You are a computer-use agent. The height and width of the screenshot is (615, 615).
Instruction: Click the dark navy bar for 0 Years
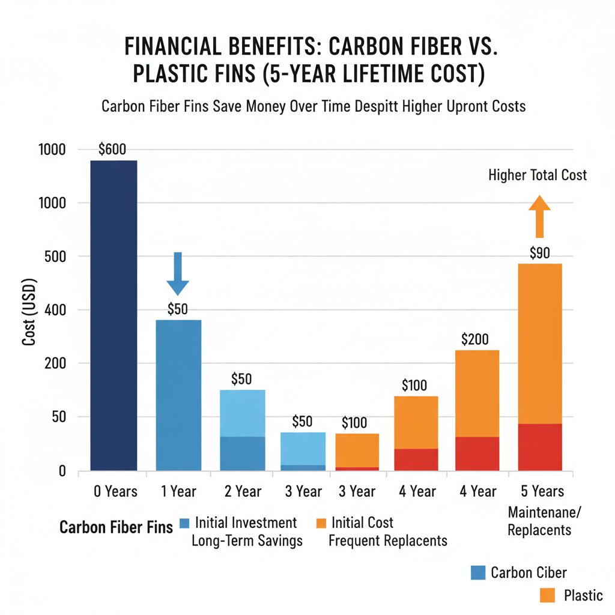coord(114,315)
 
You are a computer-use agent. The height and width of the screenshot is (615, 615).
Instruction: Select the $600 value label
coord(112,150)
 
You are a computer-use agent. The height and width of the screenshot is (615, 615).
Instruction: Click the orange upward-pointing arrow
coord(539,217)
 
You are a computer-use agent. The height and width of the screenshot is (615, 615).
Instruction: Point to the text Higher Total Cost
coord(538,175)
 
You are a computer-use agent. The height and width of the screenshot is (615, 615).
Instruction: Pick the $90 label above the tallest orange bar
coord(539,253)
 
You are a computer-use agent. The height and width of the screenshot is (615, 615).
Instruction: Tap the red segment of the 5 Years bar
coord(539,447)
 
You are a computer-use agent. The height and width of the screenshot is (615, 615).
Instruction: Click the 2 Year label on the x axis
coord(243,492)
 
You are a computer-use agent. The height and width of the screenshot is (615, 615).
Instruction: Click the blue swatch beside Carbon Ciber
coord(478,572)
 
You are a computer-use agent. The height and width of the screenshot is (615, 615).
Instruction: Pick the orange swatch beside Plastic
coord(547,595)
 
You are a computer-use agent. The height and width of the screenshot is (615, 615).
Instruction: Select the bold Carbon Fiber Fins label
coord(116,528)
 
